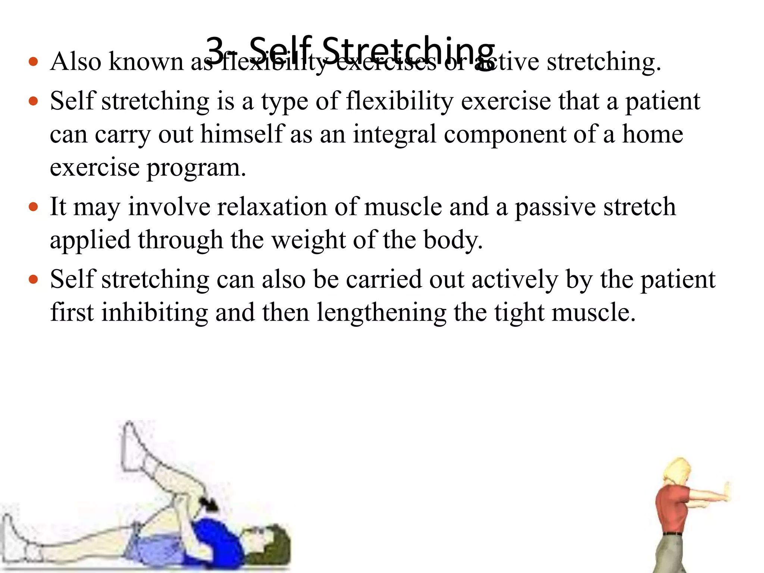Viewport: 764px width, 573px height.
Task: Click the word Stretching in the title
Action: point(408,52)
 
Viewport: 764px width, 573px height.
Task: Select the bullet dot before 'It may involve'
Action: point(34,207)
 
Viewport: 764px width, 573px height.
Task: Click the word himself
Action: point(242,134)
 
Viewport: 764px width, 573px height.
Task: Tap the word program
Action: point(196,168)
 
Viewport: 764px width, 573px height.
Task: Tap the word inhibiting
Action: point(154,312)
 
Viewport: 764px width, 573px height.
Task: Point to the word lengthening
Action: point(381,313)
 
